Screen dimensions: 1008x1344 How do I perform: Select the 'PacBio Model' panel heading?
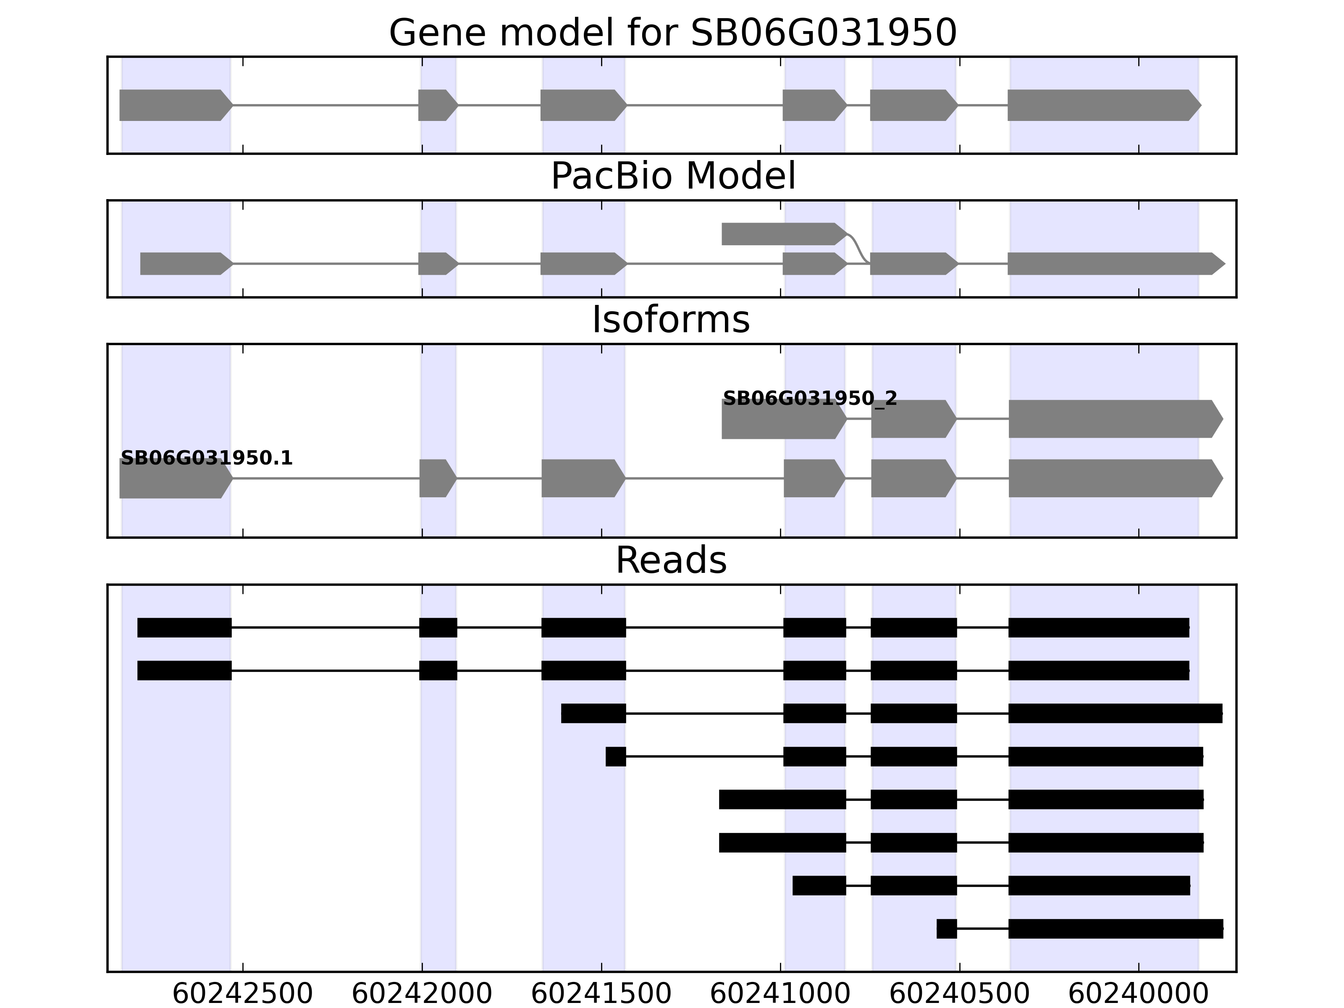pos(672,176)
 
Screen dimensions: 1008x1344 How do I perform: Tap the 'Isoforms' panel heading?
pos(671,320)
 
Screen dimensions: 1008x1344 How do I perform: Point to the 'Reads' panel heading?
pos(671,560)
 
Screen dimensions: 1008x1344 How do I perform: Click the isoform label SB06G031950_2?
pos(809,399)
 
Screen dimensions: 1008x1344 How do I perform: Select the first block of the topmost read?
pos(184,627)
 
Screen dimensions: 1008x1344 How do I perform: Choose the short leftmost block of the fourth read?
pos(615,756)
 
